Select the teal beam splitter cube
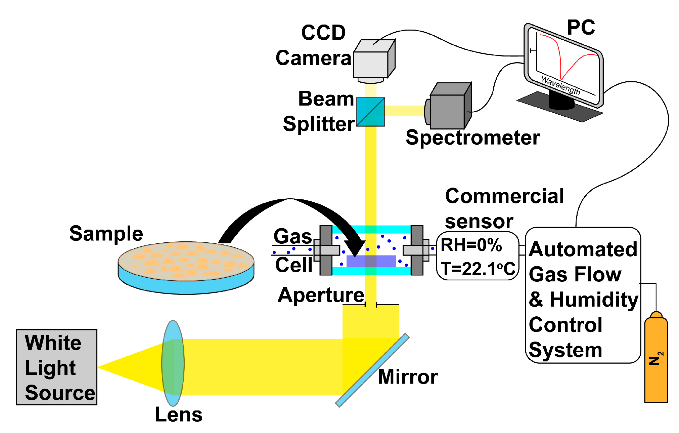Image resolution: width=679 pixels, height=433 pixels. point(370,112)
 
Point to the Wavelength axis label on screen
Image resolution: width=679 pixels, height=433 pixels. point(560,85)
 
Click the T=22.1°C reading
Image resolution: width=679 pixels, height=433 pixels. point(478,269)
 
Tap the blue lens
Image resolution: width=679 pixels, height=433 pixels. point(173,363)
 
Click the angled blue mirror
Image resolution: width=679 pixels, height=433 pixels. point(372,370)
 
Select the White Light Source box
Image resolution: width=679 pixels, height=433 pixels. point(57,367)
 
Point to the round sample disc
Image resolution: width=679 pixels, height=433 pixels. point(186,266)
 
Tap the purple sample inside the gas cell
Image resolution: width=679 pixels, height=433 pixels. point(371,261)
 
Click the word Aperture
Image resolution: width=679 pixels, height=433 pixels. point(321,295)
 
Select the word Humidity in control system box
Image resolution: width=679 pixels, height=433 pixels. point(594,299)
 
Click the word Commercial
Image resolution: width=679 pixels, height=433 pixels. point(504,196)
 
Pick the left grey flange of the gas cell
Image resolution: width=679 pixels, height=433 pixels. point(325,250)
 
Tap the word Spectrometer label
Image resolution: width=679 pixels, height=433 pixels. point(472,137)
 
